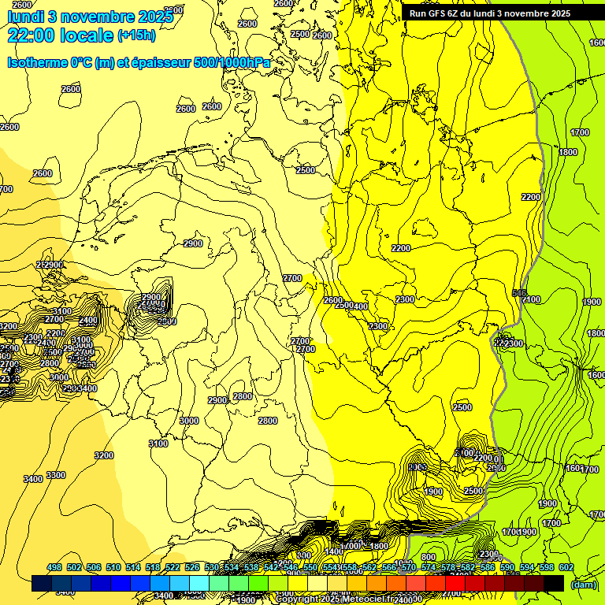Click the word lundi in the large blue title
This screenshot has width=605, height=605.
(28, 16)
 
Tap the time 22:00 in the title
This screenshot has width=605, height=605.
(33, 35)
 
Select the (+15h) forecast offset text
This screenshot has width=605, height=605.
(136, 35)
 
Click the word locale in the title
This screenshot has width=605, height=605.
(87, 35)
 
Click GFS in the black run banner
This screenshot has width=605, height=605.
(438, 13)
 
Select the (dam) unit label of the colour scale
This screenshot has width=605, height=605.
(582, 585)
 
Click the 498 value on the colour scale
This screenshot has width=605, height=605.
(54, 568)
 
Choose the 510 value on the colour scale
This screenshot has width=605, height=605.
(113, 568)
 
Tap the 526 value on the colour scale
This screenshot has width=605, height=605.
(192, 568)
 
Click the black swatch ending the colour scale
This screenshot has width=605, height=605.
(554, 584)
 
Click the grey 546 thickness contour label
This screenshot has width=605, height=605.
(519, 294)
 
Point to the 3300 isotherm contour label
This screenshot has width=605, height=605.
(56, 475)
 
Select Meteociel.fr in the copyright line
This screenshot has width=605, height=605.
(368, 599)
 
